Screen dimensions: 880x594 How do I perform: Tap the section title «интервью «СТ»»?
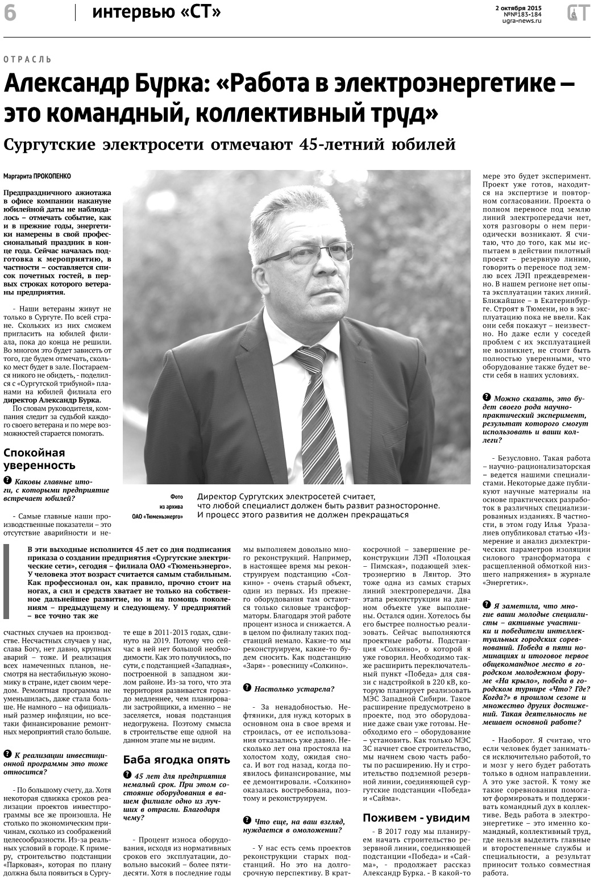156,12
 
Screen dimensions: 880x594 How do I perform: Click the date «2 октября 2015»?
518,7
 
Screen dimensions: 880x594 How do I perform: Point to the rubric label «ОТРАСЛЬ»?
27,59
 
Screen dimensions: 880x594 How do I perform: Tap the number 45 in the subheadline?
308,144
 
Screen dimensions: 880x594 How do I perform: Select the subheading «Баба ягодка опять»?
177,759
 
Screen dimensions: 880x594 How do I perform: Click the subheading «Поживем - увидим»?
416,818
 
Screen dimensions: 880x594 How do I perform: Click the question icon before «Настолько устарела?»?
247,688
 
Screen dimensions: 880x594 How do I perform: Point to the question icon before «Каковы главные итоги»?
7,481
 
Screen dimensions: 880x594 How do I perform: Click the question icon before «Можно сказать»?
486,398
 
